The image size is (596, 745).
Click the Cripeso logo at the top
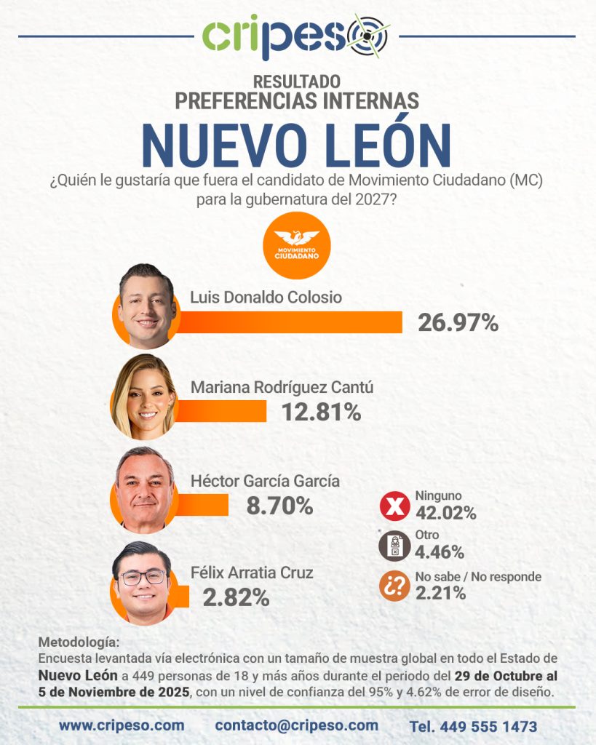tap(296, 36)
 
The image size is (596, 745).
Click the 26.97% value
tap(458, 322)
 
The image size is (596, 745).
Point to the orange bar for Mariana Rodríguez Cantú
tap(222, 411)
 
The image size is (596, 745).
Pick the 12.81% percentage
tap(321, 412)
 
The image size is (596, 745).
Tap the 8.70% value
tap(279, 505)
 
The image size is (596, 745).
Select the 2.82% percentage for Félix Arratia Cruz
tap(236, 597)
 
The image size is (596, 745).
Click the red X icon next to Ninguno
tap(394, 507)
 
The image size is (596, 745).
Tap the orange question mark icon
tap(394, 586)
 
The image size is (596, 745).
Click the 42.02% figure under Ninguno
tap(445, 513)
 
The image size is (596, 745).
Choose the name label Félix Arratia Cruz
tap(252, 573)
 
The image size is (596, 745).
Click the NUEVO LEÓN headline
tap(296, 146)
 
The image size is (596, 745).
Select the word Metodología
tap(76, 642)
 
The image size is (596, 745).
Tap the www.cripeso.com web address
tap(122, 725)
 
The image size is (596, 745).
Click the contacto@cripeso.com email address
tap(296, 725)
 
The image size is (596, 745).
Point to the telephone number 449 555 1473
tap(473, 726)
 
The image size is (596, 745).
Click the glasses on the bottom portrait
tap(143, 578)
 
